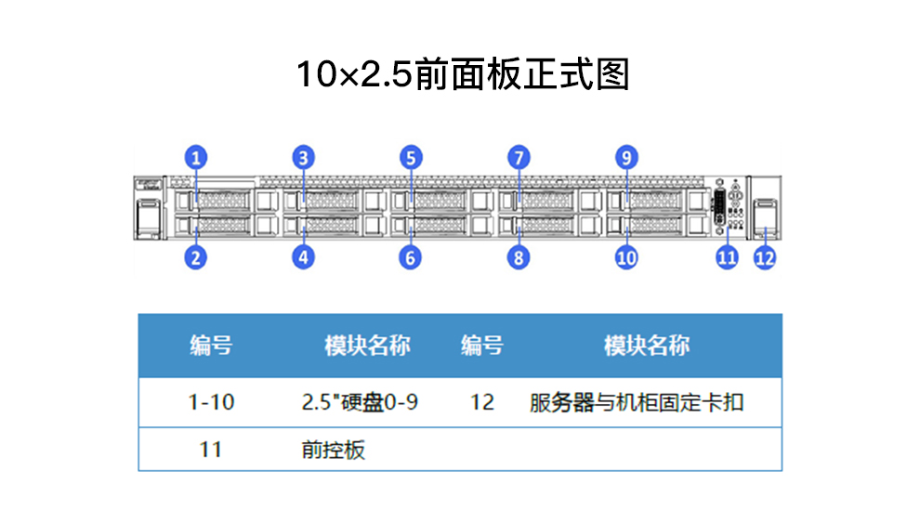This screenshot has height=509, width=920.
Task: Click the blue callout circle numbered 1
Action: (x=196, y=158)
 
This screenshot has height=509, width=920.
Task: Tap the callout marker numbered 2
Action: (x=196, y=257)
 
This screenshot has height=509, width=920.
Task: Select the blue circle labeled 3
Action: (x=303, y=158)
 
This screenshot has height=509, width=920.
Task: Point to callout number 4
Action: (x=303, y=257)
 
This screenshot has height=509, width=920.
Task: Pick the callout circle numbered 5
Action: (x=411, y=158)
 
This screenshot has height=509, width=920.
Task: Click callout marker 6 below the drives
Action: (x=410, y=257)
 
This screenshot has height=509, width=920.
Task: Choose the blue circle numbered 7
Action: (x=519, y=158)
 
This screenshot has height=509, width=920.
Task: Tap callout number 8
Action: (x=519, y=257)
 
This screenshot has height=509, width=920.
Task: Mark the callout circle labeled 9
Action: (x=626, y=158)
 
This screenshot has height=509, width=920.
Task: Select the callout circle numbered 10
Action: (x=626, y=257)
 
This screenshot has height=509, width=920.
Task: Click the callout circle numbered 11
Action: (x=727, y=257)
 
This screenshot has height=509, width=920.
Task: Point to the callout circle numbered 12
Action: (x=765, y=257)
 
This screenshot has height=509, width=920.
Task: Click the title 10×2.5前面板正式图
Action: (x=463, y=74)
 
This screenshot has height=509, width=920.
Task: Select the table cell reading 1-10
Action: (x=211, y=402)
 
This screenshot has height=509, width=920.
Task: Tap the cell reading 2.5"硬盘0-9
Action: (x=360, y=402)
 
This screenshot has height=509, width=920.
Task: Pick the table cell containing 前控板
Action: (x=334, y=450)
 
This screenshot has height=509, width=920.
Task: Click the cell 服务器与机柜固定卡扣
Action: (x=637, y=403)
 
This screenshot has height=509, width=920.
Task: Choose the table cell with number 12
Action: (x=482, y=402)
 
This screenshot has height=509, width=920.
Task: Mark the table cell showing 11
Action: (x=211, y=450)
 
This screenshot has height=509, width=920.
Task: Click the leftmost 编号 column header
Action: (x=211, y=346)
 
